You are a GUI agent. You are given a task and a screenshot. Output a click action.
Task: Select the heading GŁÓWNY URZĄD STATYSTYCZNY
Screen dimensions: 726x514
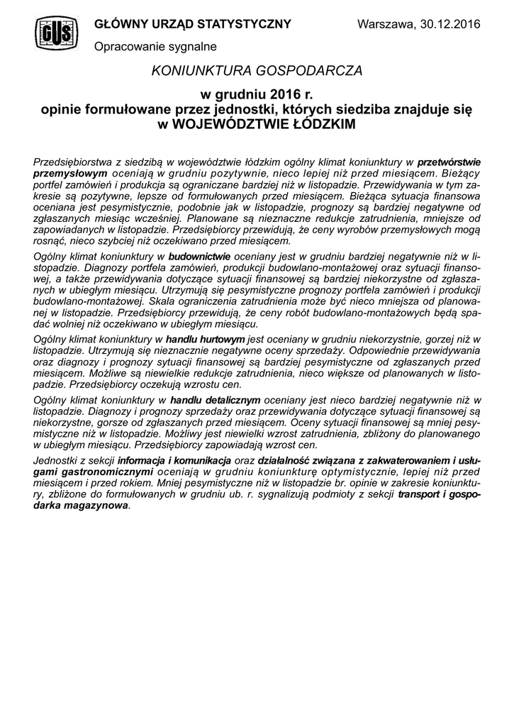click(193, 24)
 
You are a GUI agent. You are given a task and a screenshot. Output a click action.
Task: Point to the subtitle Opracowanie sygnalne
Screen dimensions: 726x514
click(155, 46)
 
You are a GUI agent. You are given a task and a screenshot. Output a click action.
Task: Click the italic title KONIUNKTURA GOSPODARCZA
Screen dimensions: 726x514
click(257, 71)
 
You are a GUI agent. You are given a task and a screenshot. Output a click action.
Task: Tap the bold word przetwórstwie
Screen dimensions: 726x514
click(449, 162)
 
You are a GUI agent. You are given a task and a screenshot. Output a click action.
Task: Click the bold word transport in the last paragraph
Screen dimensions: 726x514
click(419, 496)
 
